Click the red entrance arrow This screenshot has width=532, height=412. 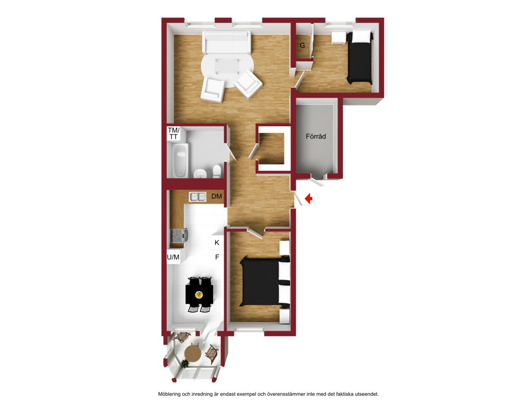pyautogui.click(x=308, y=198)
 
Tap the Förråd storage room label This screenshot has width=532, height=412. pyautogui.click(x=316, y=136)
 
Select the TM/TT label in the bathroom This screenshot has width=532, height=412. pyautogui.click(x=173, y=134)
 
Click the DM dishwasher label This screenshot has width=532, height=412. pyautogui.click(x=216, y=196)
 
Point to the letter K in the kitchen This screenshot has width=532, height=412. pyautogui.click(x=217, y=243)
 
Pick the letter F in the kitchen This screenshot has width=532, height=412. pyautogui.click(x=217, y=257)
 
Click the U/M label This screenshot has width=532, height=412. pyautogui.click(x=173, y=257)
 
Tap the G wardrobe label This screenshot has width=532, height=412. pyautogui.click(x=302, y=45)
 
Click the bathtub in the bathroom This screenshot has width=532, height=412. pyautogui.click(x=180, y=160)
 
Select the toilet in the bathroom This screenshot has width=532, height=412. pyautogui.click(x=217, y=171)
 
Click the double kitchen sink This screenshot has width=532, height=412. pyautogui.click(x=198, y=197)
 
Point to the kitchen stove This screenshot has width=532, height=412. pyautogui.click(x=178, y=235)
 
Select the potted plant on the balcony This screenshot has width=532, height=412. pyautogui.click(x=184, y=364)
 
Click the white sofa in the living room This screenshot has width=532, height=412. pyautogui.click(x=227, y=42)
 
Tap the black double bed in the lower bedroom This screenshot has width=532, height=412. pyautogui.click(x=265, y=282)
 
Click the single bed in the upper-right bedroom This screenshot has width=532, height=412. pyautogui.click(x=360, y=57)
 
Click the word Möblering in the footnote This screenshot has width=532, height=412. pyautogui.click(x=169, y=394)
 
